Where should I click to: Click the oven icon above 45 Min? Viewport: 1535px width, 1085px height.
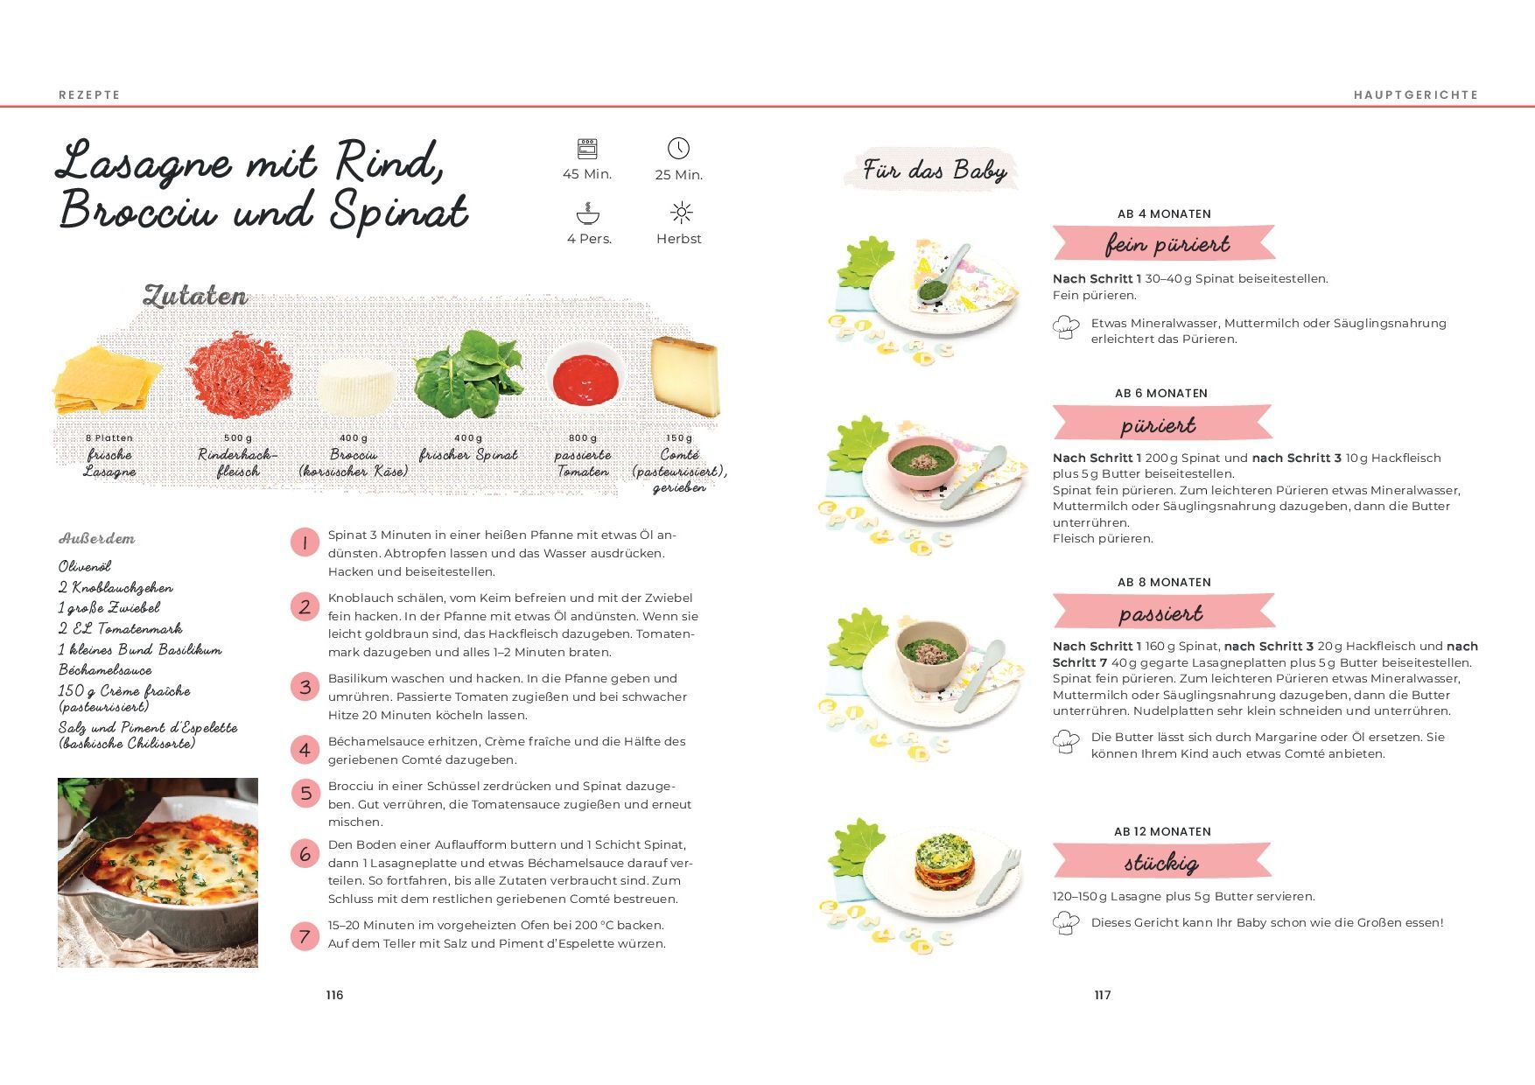[587, 148]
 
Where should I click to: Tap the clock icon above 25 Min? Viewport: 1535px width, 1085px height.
[678, 148]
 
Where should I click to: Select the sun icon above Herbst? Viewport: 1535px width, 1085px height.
[681, 213]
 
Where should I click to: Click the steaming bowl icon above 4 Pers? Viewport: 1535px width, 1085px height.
[588, 213]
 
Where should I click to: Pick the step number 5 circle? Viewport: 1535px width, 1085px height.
[305, 794]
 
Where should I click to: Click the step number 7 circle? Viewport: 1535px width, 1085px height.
[305, 936]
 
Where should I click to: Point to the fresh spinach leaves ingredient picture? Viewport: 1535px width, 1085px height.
[469, 374]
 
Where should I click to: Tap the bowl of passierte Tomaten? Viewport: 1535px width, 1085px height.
[585, 378]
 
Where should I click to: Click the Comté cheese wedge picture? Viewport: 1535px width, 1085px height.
[686, 376]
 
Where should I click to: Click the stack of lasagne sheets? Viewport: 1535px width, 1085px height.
[107, 380]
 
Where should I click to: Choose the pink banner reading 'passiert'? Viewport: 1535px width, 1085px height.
[1162, 612]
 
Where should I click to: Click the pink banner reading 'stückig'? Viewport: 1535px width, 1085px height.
[1161, 862]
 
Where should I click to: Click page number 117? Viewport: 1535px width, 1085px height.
[1103, 995]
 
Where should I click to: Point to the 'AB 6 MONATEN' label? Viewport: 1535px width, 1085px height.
[1161, 394]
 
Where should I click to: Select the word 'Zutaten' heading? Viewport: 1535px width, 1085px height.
[195, 296]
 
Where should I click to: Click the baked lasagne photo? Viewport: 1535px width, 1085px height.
[158, 872]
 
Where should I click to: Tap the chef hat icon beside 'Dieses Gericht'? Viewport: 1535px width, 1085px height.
[1066, 923]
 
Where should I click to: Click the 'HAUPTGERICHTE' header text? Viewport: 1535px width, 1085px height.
[1416, 94]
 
